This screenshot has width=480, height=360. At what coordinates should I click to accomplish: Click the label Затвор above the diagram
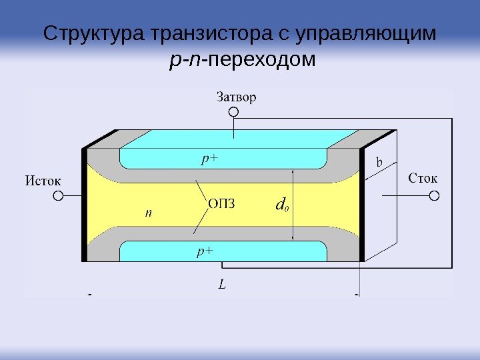point(236,97)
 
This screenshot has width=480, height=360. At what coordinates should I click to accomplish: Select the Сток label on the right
point(423,179)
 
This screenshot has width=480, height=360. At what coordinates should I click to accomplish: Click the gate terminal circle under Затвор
point(234,113)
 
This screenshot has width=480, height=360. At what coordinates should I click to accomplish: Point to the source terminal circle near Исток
point(58,197)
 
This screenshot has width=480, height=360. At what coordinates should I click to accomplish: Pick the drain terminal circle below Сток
point(434,196)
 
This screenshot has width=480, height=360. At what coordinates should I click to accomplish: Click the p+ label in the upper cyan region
point(211,159)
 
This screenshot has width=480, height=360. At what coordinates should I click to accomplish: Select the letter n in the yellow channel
point(149,213)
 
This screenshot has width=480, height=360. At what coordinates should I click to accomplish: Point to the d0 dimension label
point(282,203)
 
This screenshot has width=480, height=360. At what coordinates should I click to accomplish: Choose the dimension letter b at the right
point(379,162)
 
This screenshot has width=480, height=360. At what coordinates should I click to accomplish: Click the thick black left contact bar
point(85,205)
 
